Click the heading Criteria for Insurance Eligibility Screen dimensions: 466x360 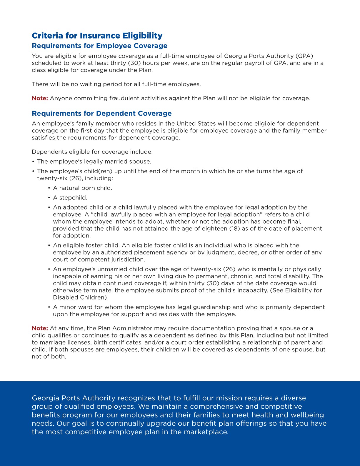[97, 36]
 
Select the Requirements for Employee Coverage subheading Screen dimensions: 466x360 [99, 46]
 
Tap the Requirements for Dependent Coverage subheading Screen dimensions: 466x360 [101, 114]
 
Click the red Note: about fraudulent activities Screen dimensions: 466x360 [40, 98]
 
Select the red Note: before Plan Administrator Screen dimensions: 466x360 [40, 328]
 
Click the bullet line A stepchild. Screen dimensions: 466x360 [70, 198]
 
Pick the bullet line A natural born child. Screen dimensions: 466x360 [82, 188]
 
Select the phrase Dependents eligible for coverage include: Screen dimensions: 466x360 [92, 152]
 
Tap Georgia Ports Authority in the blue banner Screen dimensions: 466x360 [73, 398]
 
